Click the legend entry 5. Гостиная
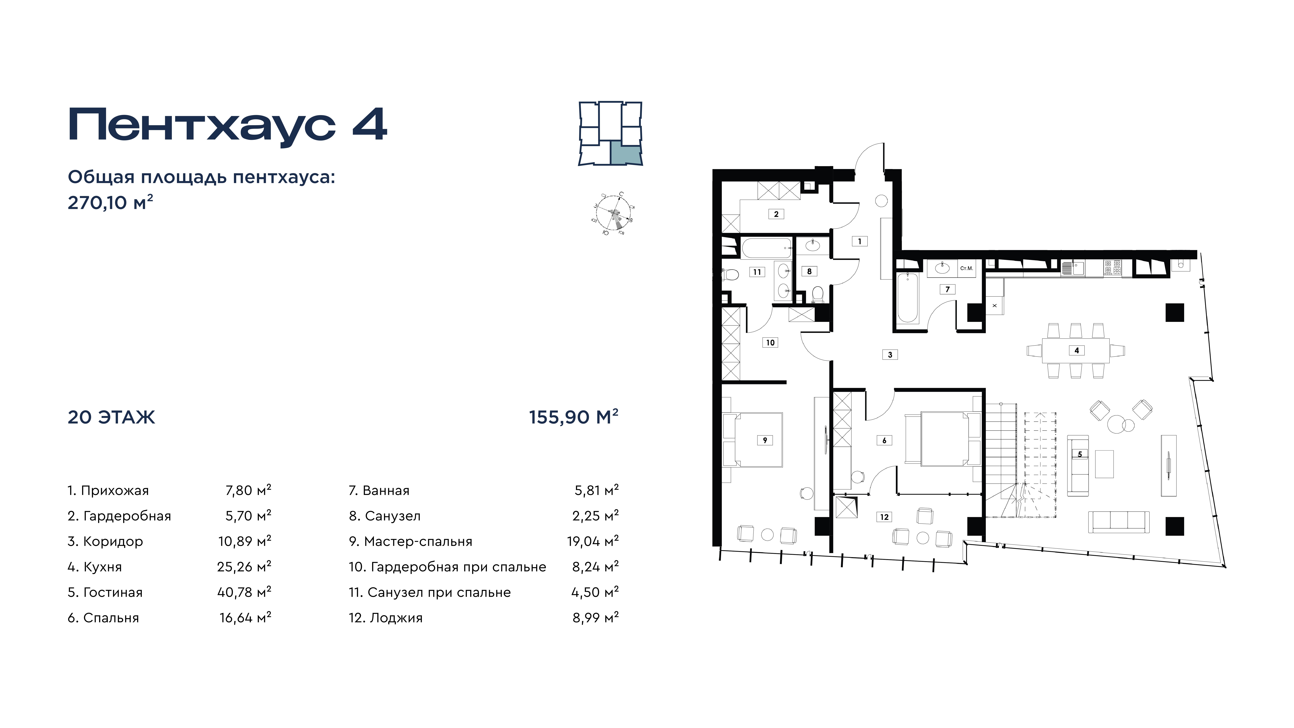(x=105, y=592)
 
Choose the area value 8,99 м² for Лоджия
(x=595, y=617)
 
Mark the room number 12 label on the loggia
(x=884, y=517)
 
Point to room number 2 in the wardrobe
(x=776, y=214)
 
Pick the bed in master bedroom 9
(x=752, y=440)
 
